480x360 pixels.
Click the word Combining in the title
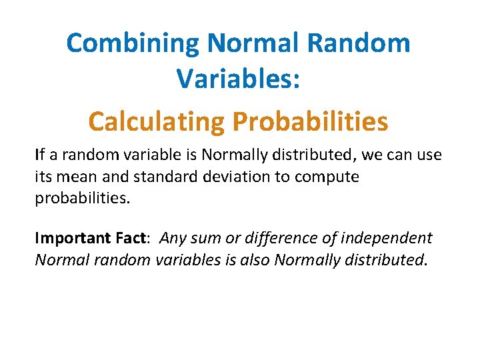[133, 44]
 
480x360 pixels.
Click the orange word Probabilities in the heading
[309, 121]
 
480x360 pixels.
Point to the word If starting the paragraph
[40, 155]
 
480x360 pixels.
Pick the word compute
[329, 178]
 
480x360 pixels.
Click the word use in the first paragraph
[429, 156]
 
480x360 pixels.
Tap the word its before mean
[45, 177]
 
